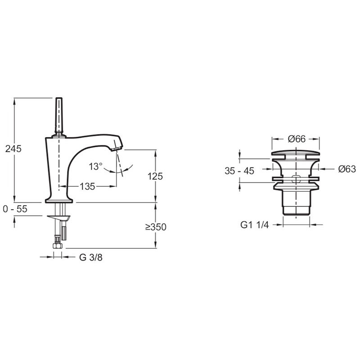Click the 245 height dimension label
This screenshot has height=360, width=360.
13,149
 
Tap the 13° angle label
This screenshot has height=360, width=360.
95,166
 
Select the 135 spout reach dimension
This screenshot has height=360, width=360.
87,186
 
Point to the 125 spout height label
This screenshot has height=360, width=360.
155,176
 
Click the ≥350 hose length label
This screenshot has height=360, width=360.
156,227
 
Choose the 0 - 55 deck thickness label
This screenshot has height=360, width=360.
15,209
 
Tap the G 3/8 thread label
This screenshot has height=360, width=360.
91,257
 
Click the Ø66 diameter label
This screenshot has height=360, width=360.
297,139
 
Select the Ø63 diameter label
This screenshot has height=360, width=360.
347,169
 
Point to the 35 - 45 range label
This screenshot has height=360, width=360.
239,171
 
